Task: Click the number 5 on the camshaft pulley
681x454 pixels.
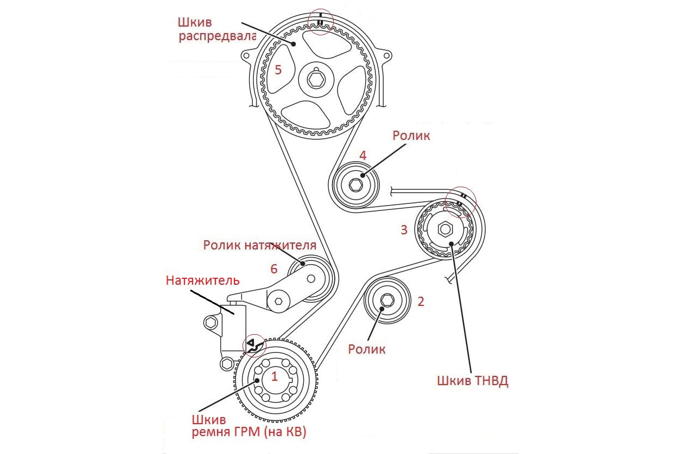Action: pyautogui.click(x=278, y=69)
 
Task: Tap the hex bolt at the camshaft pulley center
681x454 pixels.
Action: pyautogui.click(x=315, y=79)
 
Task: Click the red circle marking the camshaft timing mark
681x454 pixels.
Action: pyautogui.click(x=321, y=22)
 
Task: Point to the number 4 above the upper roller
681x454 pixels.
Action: pyautogui.click(x=362, y=156)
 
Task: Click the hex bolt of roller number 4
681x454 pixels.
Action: pyautogui.click(x=356, y=186)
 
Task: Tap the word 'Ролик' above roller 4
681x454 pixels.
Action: pyautogui.click(x=411, y=136)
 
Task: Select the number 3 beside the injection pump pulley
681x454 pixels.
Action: pyautogui.click(x=403, y=229)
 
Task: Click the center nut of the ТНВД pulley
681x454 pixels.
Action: pyautogui.click(x=445, y=229)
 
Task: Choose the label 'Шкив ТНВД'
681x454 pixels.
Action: pyautogui.click(x=472, y=381)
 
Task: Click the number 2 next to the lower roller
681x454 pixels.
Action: pyautogui.click(x=420, y=302)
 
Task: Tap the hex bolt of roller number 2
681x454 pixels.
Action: pyautogui.click(x=387, y=300)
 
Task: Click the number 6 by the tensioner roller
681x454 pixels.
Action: pyautogui.click(x=274, y=268)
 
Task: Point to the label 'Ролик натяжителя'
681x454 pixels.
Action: pyautogui.click(x=259, y=245)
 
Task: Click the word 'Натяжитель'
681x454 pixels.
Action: pyautogui.click(x=202, y=280)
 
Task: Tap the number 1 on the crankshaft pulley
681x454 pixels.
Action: pyautogui.click(x=275, y=376)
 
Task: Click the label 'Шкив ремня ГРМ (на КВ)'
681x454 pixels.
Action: pyautogui.click(x=249, y=426)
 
